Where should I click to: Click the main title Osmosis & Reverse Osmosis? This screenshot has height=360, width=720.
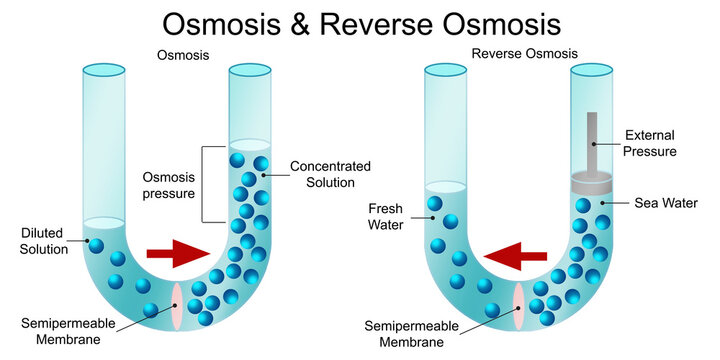click(360, 23)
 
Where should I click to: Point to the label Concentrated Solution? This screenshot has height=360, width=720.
click(330, 174)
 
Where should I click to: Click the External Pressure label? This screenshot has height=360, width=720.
click(650, 143)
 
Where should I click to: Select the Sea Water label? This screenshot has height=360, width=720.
click(662, 203)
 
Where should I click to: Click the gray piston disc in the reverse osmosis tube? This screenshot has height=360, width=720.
click(592, 184)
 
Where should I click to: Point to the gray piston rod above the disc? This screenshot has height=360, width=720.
click(592, 140)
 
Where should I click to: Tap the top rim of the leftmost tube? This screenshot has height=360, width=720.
click(104, 70)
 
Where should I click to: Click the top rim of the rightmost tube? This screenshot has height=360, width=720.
click(591, 70)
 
